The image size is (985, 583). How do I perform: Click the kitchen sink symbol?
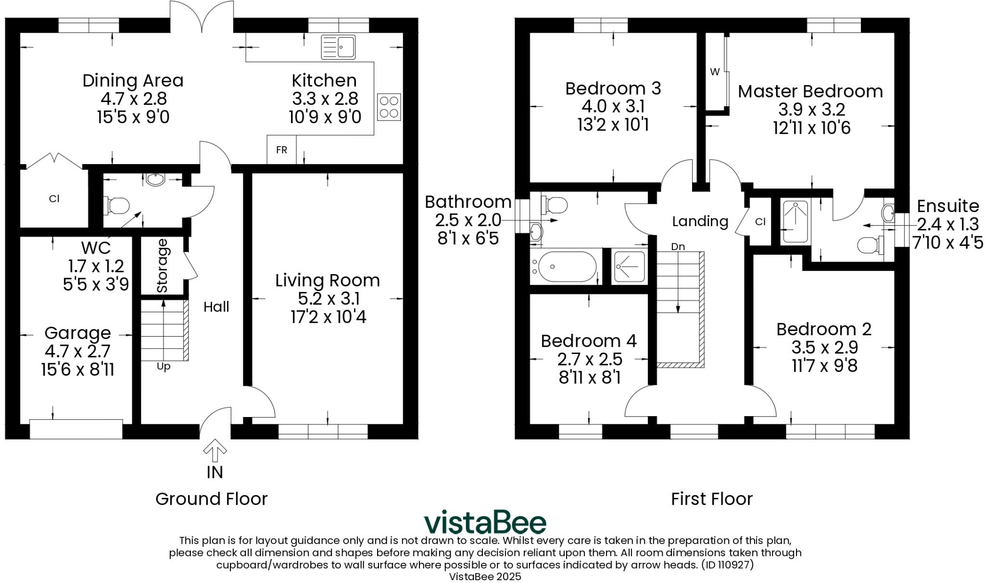pyautogui.click(x=338, y=47)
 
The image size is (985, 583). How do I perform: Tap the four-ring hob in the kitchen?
pyautogui.click(x=389, y=107)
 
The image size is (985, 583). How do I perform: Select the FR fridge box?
pyautogui.click(x=281, y=150)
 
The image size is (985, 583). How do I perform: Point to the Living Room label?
pyautogui.click(x=327, y=280)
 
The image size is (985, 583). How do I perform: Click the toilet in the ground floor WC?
pyautogui.click(x=117, y=205)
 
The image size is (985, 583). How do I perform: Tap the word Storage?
pyautogui.click(x=163, y=266)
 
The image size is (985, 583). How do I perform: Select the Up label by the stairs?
pyautogui.click(x=164, y=367)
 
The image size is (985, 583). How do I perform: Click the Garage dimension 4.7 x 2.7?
pyautogui.click(x=77, y=351)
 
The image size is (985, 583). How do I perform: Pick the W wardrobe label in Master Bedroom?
pyautogui.click(x=715, y=72)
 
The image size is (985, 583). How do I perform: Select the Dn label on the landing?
pyautogui.click(x=678, y=247)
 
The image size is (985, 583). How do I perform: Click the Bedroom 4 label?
pyautogui.click(x=589, y=341)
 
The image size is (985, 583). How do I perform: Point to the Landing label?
pyautogui.click(x=700, y=221)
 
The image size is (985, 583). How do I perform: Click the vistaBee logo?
pyautogui.click(x=485, y=522)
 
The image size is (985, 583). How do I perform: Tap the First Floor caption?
pyautogui.click(x=711, y=499)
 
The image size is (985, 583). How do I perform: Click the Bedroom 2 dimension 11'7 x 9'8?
pyautogui.click(x=824, y=366)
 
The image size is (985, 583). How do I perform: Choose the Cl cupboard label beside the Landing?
pyautogui.click(x=760, y=222)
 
